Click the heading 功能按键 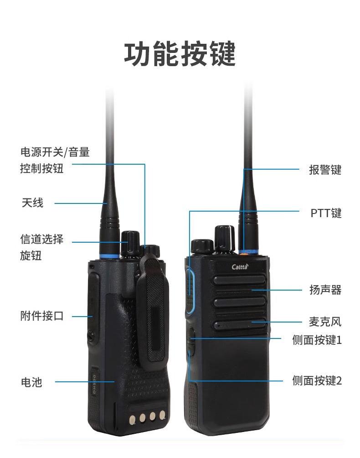click(180, 54)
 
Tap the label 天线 click(32, 203)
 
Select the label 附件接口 click(42, 316)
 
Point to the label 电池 click(31, 382)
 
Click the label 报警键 click(325, 169)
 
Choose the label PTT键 click(326, 213)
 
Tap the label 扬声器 click(325, 290)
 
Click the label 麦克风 click(325, 322)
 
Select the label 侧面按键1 click(317, 340)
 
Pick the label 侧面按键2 click(317, 380)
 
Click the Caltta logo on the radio click(240, 266)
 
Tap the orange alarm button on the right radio click(244, 254)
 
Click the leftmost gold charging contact click(132, 420)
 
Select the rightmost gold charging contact click(162, 415)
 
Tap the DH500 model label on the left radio click(94, 381)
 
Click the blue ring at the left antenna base click(109, 256)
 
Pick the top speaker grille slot click(240, 280)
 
